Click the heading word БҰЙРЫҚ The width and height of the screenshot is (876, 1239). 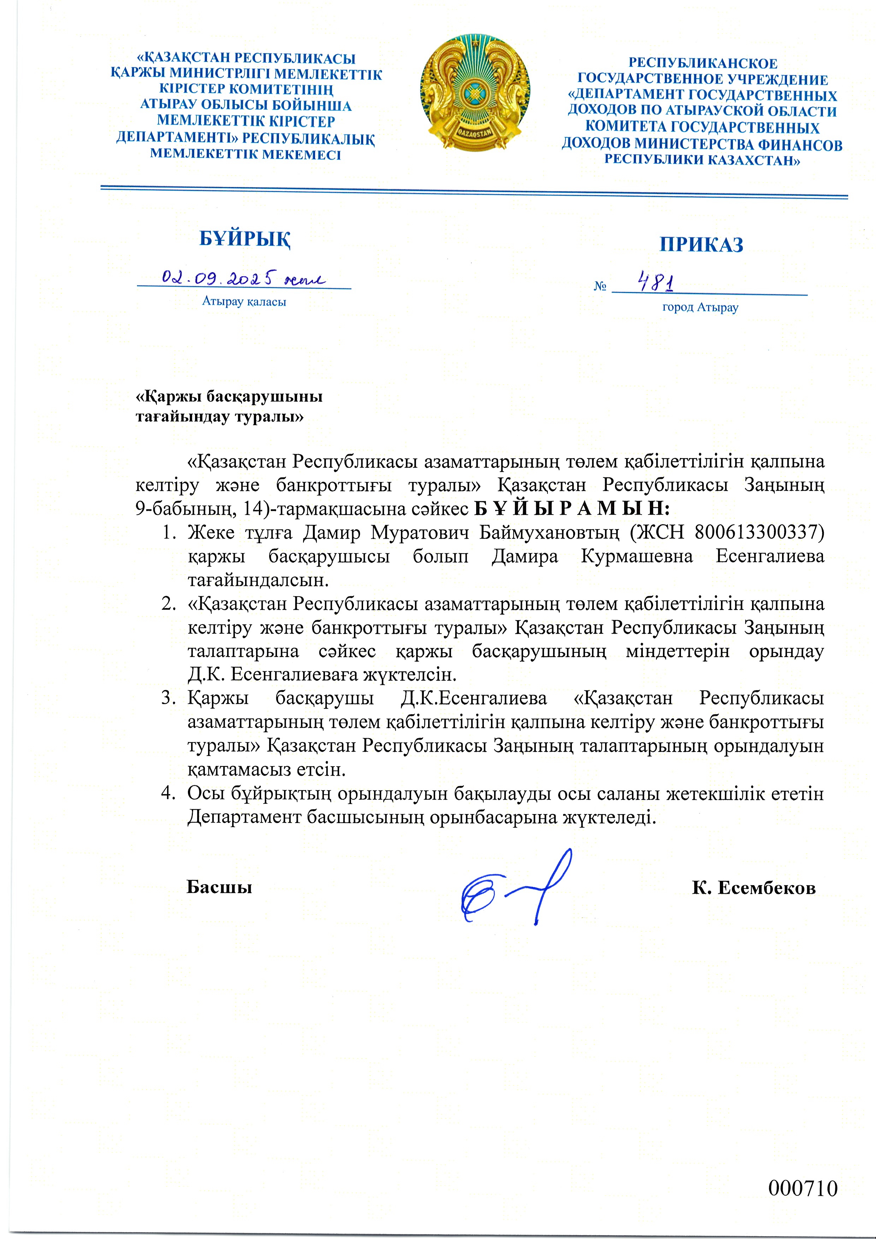tap(245, 238)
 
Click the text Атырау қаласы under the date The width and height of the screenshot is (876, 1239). tap(244, 302)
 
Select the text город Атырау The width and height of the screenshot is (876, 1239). tap(700, 308)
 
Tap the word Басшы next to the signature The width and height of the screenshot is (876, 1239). tap(219, 887)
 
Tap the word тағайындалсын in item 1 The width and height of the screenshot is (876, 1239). tap(258, 580)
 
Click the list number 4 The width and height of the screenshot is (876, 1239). tap(167, 793)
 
